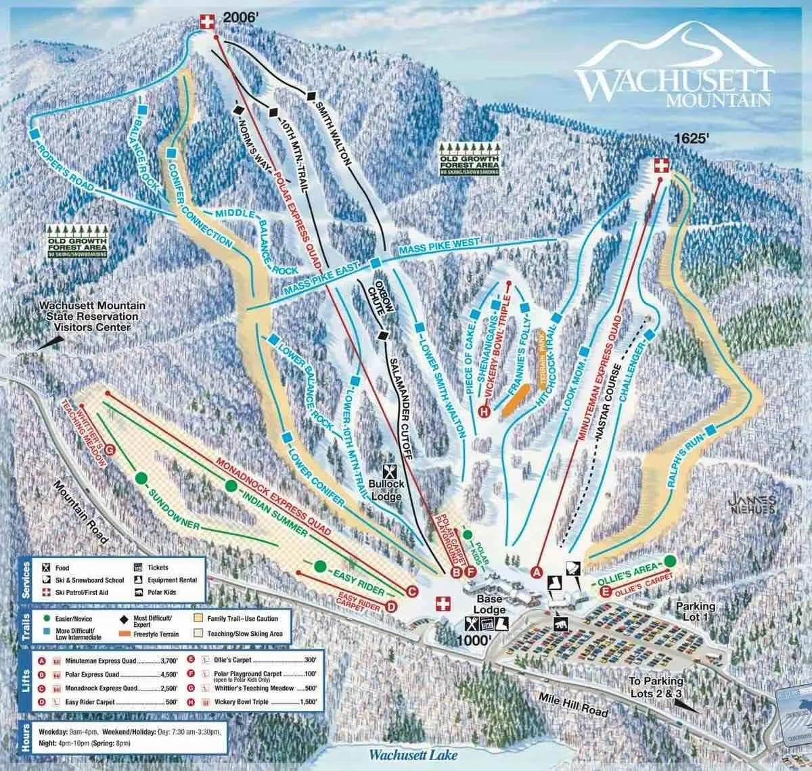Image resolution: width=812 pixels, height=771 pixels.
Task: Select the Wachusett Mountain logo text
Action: (x=674, y=85)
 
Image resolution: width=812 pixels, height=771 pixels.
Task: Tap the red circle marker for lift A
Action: (x=538, y=572)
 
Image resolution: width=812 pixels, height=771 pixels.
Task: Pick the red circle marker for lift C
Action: (x=411, y=590)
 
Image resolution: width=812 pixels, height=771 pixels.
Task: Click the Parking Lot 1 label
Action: (x=695, y=612)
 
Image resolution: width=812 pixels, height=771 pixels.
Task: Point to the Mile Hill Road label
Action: (x=570, y=703)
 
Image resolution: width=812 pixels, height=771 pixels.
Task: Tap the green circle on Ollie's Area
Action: (x=670, y=561)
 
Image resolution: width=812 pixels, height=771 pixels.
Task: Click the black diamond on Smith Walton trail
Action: (x=311, y=96)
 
